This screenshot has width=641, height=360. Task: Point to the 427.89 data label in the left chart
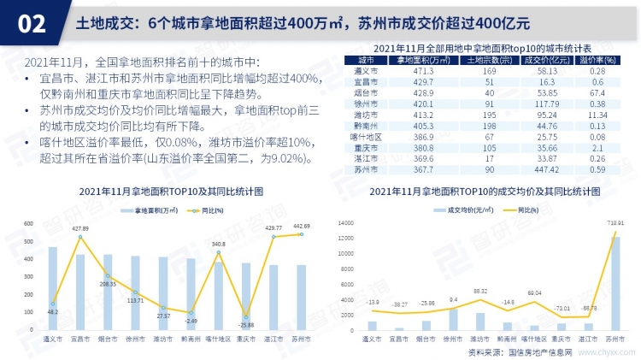(80, 228)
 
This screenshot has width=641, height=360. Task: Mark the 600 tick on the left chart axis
(27, 224)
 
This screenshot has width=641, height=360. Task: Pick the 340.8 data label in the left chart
(219, 245)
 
